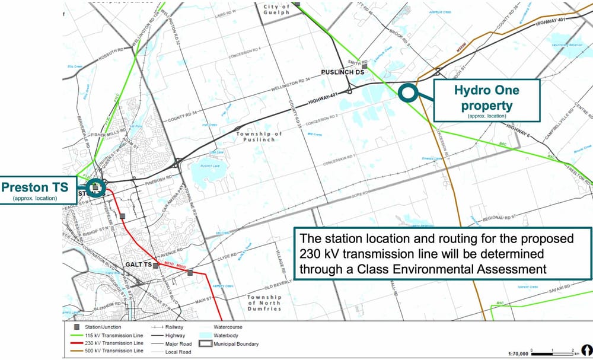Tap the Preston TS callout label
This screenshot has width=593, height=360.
click(x=37, y=187)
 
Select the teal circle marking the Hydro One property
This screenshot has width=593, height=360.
click(x=406, y=92)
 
